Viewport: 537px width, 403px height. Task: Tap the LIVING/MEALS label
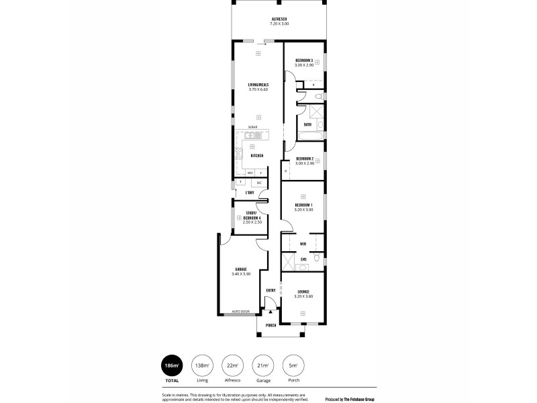point(258,85)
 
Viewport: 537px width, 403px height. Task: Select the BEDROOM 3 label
point(304,60)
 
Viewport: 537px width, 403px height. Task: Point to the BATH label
point(307,124)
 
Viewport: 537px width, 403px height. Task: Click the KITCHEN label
point(256,155)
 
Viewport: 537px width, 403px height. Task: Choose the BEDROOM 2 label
point(305,159)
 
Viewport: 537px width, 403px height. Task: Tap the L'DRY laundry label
point(249,193)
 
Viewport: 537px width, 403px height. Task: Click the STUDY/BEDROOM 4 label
point(252,215)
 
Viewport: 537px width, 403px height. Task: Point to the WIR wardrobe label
point(303,243)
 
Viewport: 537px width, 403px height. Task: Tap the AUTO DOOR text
point(240,312)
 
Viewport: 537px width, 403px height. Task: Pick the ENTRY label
point(271,290)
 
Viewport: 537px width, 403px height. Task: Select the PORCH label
point(271,325)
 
